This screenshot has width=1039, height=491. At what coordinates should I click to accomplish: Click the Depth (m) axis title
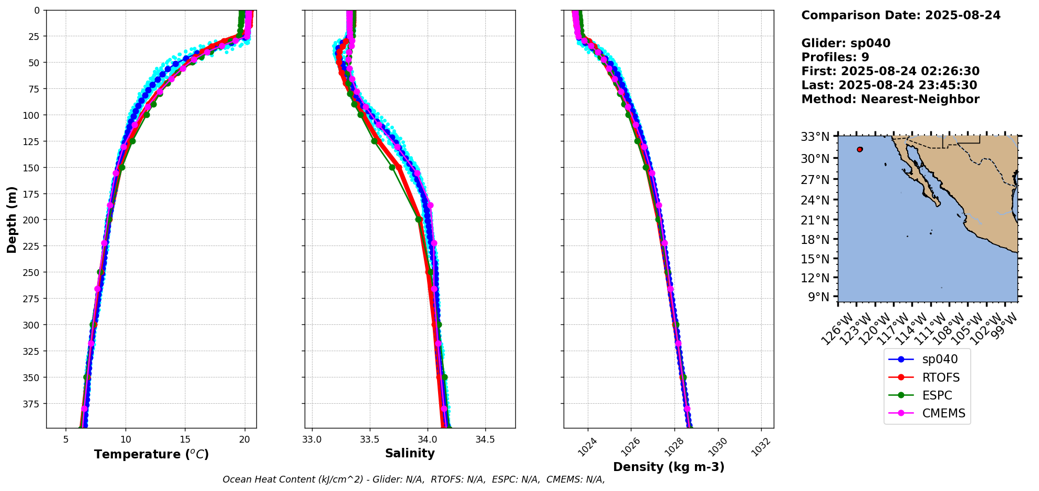12,219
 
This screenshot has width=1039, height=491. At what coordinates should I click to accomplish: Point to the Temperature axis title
151,454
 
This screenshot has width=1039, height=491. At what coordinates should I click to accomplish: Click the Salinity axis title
410,454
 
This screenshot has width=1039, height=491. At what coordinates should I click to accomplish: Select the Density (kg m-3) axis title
669,467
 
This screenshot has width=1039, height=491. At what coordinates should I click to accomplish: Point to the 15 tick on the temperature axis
185,439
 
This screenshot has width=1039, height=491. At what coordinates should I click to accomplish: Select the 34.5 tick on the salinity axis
484,439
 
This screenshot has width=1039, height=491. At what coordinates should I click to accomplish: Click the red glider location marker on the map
859,149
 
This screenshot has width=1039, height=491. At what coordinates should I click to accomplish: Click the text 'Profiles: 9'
835,57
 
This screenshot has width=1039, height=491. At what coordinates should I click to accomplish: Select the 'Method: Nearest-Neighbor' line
890,99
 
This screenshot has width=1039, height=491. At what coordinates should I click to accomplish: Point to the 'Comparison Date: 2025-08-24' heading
901,15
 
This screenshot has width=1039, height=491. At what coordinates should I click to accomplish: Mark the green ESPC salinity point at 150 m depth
392,167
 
